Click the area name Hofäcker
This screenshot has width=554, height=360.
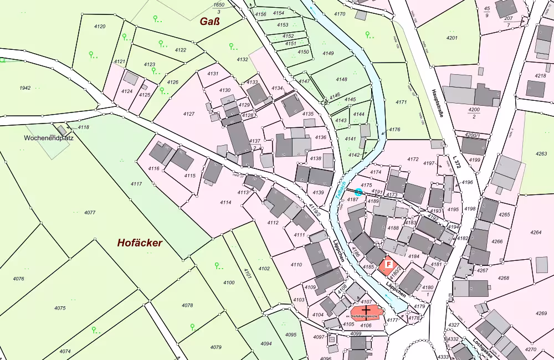(139, 243)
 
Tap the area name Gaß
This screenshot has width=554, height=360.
(210, 22)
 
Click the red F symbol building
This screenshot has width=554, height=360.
(388, 265)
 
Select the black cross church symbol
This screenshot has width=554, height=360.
(366, 311)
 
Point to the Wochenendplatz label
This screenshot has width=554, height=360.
(49, 137)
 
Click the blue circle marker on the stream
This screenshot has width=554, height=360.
(358, 192)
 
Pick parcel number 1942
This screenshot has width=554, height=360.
(25, 88)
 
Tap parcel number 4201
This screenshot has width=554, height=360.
(452, 38)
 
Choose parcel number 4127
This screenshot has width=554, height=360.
(189, 114)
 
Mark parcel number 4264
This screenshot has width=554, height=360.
(536, 232)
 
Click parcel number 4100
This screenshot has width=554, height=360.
(229, 282)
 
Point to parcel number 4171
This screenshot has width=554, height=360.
(401, 102)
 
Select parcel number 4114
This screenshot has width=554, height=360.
(225, 203)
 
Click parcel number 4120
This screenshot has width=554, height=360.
(100, 27)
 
